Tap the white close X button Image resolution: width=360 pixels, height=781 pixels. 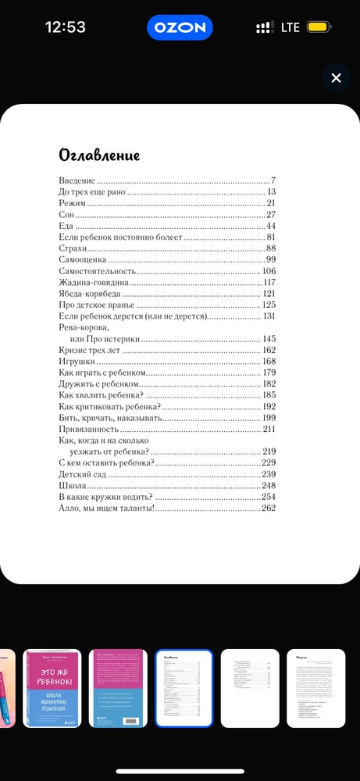click(x=336, y=78)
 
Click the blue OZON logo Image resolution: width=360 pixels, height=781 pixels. click(x=180, y=27)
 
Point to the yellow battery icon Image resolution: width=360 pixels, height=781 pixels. click(x=317, y=27)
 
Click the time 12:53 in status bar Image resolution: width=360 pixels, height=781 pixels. click(x=66, y=27)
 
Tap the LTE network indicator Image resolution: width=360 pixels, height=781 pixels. click(x=290, y=27)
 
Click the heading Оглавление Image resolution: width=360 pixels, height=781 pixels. click(x=99, y=155)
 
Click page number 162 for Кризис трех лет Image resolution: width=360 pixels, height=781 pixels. click(x=269, y=351)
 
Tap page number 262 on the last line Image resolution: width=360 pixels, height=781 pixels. click(x=269, y=508)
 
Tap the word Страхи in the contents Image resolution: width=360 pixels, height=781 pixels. click(x=74, y=248)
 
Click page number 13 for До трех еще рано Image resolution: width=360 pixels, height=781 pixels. click(x=272, y=191)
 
